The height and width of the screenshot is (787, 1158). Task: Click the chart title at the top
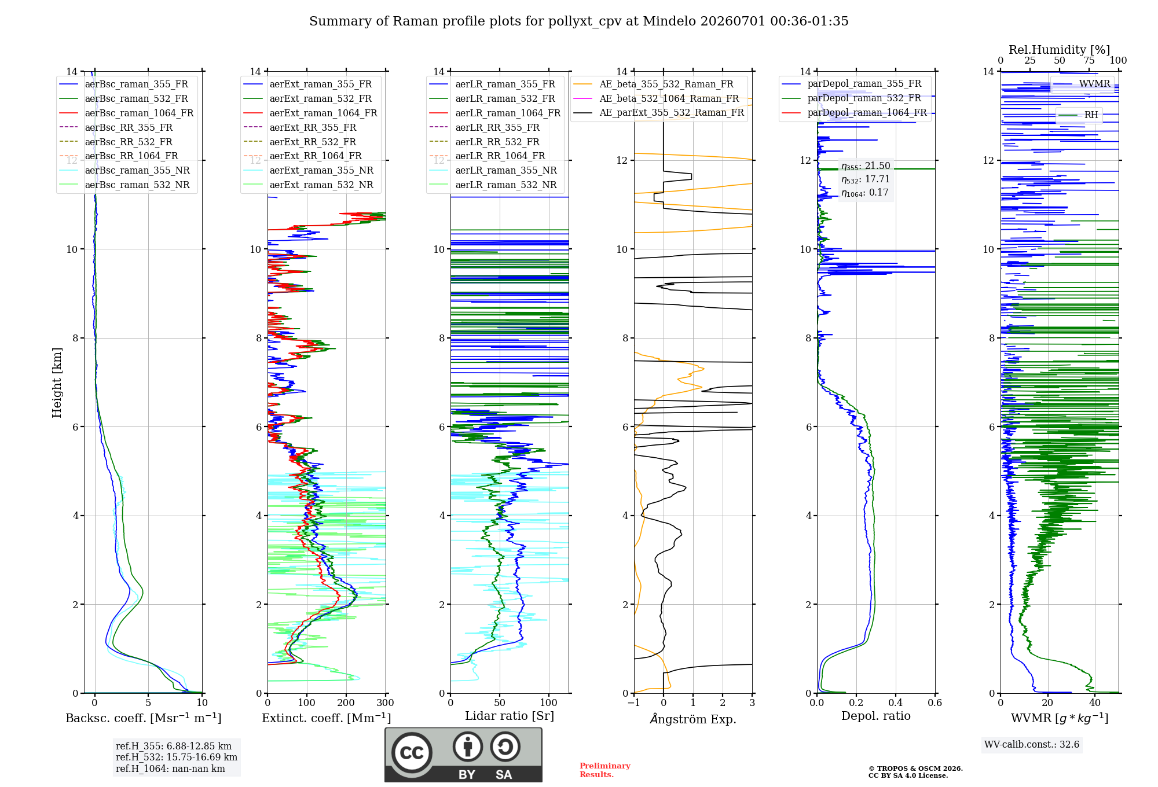coord(579,21)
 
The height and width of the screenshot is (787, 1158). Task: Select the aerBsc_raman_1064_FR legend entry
coord(126,113)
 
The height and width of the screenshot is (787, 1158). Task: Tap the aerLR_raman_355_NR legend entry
coord(493,170)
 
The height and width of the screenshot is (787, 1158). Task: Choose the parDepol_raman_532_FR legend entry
coord(852,98)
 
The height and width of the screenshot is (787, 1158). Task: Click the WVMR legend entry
coord(1082,84)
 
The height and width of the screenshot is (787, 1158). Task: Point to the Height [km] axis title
coord(57,383)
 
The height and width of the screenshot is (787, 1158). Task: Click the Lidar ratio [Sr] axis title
coord(510,716)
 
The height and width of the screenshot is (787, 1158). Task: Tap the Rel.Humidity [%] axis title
coord(1060,50)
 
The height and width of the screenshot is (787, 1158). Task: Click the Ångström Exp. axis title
coord(693,719)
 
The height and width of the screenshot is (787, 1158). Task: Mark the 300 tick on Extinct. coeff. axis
coord(386,703)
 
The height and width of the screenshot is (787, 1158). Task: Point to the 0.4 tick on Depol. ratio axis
coord(896,703)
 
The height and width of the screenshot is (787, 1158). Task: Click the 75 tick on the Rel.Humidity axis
coord(1089,61)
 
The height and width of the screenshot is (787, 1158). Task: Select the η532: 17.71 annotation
coord(866,179)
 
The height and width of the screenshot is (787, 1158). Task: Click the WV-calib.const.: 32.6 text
coord(1032,745)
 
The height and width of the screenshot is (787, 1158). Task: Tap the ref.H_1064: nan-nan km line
coord(170,769)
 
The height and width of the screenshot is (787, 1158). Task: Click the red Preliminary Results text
coord(605,770)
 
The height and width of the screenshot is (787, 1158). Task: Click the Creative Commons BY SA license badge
coord(464,755)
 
